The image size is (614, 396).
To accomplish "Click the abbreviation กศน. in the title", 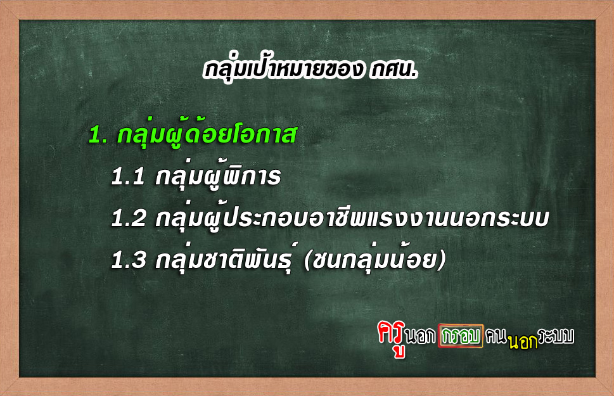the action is click(x=393, y=70).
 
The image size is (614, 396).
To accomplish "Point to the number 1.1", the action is click(x=128, y=177).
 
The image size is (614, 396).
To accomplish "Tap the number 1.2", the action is click(x=129, y=219).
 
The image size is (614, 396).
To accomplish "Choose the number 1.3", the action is click(x=129, y=260).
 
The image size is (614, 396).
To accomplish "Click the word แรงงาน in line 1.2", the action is click(x=407, y=219).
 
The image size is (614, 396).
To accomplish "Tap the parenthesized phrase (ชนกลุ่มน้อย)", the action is click(x=374, y=259).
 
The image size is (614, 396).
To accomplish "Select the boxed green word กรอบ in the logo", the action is click(x=461, y=336).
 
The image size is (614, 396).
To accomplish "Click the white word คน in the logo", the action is click(x=496, y=336).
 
